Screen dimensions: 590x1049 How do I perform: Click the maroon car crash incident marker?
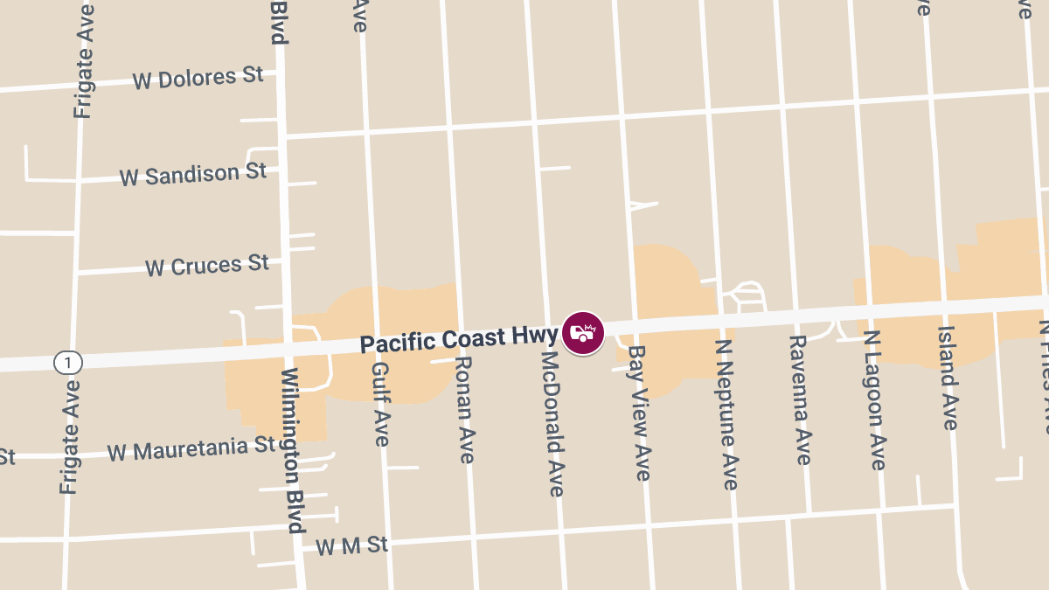pyautogui.click(x=583, y=333)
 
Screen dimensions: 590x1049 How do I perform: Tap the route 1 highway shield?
pyautogui.click(x=67, y=362)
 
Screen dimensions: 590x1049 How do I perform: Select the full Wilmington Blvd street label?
pyautogui.click(x=292, y=450)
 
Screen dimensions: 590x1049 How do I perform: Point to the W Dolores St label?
pyautogui.click(x=198, y=78)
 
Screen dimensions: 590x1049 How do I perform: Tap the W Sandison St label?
pyautogui.click(x=193, y=174)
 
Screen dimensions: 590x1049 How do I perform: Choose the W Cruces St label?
pyautogui.click(x=207, y=265)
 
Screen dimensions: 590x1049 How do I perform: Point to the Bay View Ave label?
pyautogui.click(x=640, y=413)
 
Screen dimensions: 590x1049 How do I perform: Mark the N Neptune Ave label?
pyautogui.click(x=727, y=414)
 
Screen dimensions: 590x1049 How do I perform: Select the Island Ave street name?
pyautogui.click(x=948, y=378)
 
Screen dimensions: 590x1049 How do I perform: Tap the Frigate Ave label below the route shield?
pyautogui.click(x=71, y=436)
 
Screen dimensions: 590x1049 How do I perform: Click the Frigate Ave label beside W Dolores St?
pyautogui.click(x=84, y=60)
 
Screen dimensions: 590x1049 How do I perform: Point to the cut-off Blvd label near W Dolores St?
pyautogui.click(x=279, y=22)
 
